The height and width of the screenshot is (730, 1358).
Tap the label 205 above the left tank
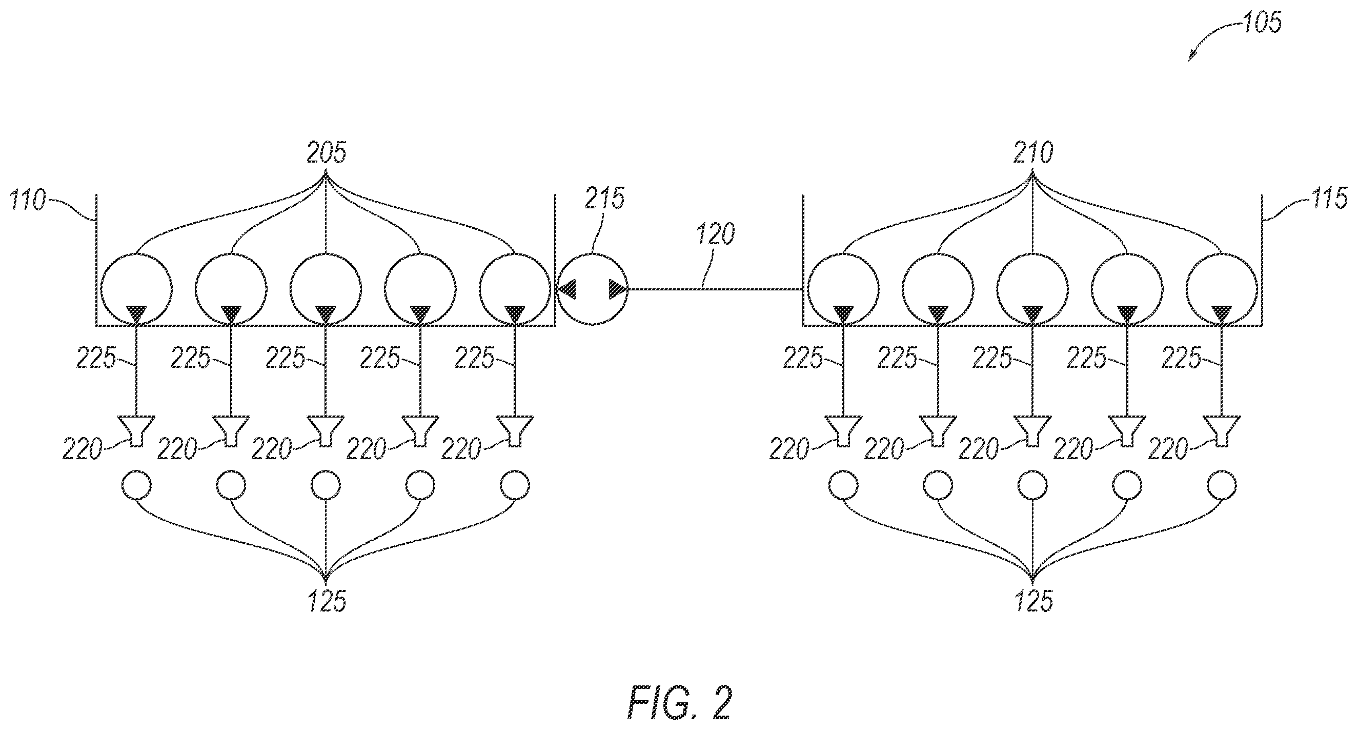(x=327, y=153)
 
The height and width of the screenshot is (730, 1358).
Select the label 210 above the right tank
(x=1033, y=153)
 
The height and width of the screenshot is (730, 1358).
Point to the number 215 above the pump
(x=604, y=199)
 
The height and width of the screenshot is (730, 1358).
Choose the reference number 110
(x=28, y=201)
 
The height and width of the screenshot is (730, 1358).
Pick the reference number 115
(x=1329, y=199)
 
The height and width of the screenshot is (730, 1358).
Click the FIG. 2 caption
(x=680, y=703)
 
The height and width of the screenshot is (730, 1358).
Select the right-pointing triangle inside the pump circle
(x=617, y=289)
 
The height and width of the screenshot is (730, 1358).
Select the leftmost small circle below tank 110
(x=136, y=485)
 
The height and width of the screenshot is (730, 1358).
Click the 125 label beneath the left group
(x=327, y=601)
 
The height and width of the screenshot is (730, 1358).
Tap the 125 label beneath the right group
(x=1034, y=601)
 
